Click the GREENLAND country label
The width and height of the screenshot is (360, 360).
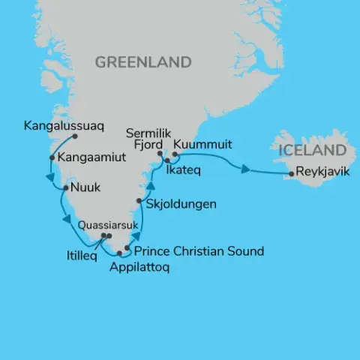(142, 62)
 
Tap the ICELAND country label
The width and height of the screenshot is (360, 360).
(312, 151)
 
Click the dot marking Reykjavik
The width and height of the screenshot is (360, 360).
(292, 175)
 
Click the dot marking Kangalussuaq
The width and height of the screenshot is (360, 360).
(76, 136)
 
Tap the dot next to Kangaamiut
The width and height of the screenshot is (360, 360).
(51, 157)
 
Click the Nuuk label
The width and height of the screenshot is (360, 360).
(85, 187)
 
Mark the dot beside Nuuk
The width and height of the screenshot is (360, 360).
(64, 187)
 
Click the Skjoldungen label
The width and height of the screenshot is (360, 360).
(182, 203)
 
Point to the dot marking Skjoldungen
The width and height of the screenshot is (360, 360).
(139, 201)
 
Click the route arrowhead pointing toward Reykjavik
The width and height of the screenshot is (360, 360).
(245, 169)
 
